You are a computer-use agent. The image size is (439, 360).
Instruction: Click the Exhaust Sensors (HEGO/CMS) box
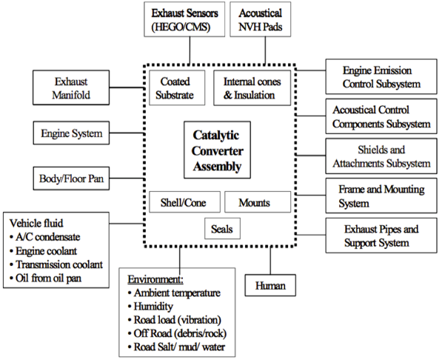pyautogui.click(x=184, y=19)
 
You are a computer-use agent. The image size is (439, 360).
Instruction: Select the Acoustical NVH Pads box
pyautogui.click(x=261, y=19)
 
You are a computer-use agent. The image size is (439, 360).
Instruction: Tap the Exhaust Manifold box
pyautogui.click(x=71, y=87)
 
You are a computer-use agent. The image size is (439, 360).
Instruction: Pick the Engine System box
pyautogui.click(x=71, y=133)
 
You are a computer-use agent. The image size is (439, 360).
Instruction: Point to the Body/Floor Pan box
pyautogui.click(x=71, y=179)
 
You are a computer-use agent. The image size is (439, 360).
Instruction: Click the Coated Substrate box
pyautogui.click(x=177, y=88)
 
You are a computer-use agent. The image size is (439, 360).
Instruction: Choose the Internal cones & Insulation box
pyautogui.click(x=252, y=88)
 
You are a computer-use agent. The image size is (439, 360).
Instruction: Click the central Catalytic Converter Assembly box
pyautogui.click(x=217, y=150)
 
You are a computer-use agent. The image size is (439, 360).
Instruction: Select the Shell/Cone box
pyautogui.click(x=185, y=202)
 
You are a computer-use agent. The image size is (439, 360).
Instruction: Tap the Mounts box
pyautogui.click(x=258, y=202)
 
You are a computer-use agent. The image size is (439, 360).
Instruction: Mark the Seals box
pyautogui.click(x=222, y=229)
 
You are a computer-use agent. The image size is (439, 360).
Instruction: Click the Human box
pyautogui.click(x=270, y=285)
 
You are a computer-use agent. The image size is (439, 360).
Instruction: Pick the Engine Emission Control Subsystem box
pyautogui.click(x=381, y=76)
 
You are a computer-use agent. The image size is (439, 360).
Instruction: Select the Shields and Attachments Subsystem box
pyautogui.click(x=381, y=156)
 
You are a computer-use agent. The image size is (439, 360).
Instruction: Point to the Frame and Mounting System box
pyautogui.click(x=381, y=196)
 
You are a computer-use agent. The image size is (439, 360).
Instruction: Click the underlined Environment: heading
pyautogui.click(x=155, y=279)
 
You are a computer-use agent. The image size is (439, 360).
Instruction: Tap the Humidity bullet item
pyautogui.click(x=150, y=306)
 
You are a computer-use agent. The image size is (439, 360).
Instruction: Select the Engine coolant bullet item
pyautogui.click(x=43, y=251)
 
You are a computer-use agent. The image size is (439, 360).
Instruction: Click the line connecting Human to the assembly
pyautogui.click(x=270, y=261)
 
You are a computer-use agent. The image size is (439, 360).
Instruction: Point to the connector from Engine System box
pyautogui.click(x=127, y=133)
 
